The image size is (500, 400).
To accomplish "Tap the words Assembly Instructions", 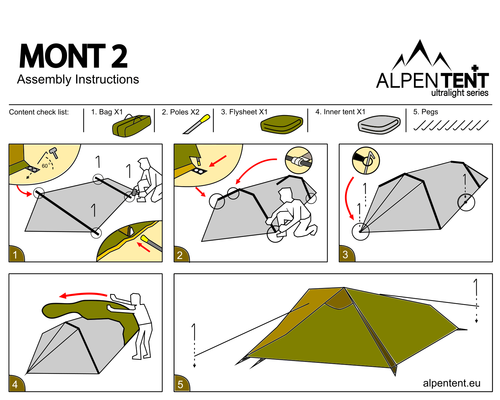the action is tap(78, 80).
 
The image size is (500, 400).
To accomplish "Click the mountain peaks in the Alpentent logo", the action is tap(421, 55).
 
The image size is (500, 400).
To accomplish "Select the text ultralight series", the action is tap(459, 93).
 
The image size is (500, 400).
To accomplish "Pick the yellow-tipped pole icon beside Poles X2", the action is tap(196, 124).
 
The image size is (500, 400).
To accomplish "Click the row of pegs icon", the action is tap(451, 125).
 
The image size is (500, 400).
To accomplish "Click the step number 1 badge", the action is tap(15, 255).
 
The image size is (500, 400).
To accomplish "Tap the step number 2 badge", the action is tap(180, 255).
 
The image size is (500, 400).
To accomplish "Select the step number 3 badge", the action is tap(346, 255).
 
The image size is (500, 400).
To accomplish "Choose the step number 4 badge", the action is tap(15, 385).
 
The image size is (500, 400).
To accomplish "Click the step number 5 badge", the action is tap(181, 385).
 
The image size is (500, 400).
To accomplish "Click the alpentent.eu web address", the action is tap(451, 383).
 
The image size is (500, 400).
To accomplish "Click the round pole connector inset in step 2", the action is tap(299, 160).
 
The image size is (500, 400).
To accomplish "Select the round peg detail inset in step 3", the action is tap(366, 161).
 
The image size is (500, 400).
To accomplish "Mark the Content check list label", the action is tap(39, 112).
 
